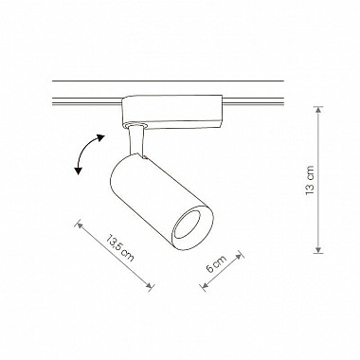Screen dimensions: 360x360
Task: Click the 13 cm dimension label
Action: (310, 180)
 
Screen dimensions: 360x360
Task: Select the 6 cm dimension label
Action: (216, 263)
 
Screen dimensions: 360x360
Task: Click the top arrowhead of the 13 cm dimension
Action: (318, 110)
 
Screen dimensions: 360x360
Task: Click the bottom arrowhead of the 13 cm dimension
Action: (318, 250)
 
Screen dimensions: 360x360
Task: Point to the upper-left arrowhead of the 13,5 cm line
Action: (79, 225)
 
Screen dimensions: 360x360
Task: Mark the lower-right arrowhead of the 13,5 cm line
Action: (150, 286)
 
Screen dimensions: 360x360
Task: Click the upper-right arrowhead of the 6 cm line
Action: (240, 256)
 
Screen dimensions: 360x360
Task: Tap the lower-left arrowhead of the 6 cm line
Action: (205, 286)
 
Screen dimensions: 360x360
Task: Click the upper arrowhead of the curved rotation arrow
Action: (100, 137)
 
